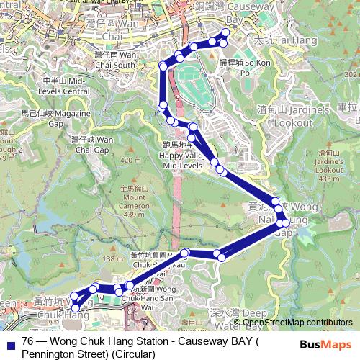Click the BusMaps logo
pos(328,344)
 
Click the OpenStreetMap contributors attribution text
pos(292,323)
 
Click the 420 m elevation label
pos(130,160)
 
